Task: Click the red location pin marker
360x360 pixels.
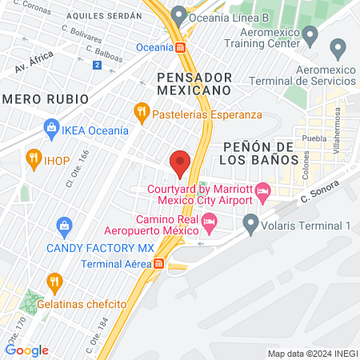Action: [x=180, y=164]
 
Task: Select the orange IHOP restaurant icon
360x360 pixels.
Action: [x=33, y=157]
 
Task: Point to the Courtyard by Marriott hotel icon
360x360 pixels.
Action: [x=265, y=190]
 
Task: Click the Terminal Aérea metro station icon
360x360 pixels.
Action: [x=159, y=263]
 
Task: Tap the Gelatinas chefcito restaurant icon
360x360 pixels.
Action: [x=54, y=281]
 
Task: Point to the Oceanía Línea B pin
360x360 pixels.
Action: [x=178, y=15]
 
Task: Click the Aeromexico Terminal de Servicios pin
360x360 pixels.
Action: [x=338, y=50]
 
